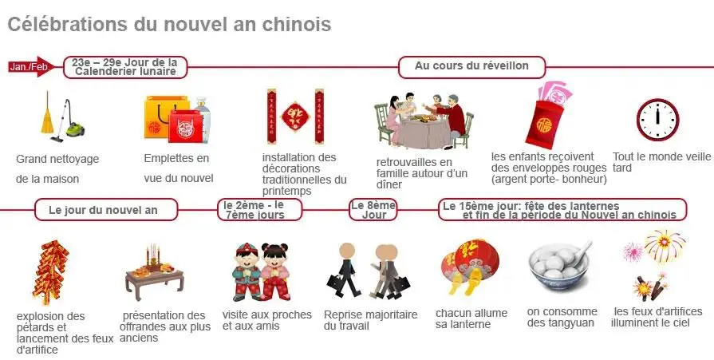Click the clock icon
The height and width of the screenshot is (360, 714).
(657, 120)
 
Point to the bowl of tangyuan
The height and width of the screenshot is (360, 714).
(560, 267)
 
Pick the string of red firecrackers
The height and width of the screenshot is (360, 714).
(50, 272)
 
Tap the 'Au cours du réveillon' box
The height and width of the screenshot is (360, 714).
(471, 67)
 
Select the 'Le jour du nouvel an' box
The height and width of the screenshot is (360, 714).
(106, 210)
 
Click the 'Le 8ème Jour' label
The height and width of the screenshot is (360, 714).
(373, 210)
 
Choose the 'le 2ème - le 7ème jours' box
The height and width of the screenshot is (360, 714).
(259, 210)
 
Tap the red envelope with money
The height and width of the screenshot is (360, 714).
(548, 116)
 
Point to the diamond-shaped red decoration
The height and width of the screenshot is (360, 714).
(295, 117)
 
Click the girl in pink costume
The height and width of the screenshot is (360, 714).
(274, 272)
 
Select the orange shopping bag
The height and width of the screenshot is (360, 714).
(160, 117)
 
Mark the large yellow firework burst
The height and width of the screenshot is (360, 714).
(665, 245)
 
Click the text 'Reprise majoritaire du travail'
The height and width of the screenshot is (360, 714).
(371, 320)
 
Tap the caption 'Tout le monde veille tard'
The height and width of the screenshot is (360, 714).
(661, 162)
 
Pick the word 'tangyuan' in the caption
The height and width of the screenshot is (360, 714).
(572, 323)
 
